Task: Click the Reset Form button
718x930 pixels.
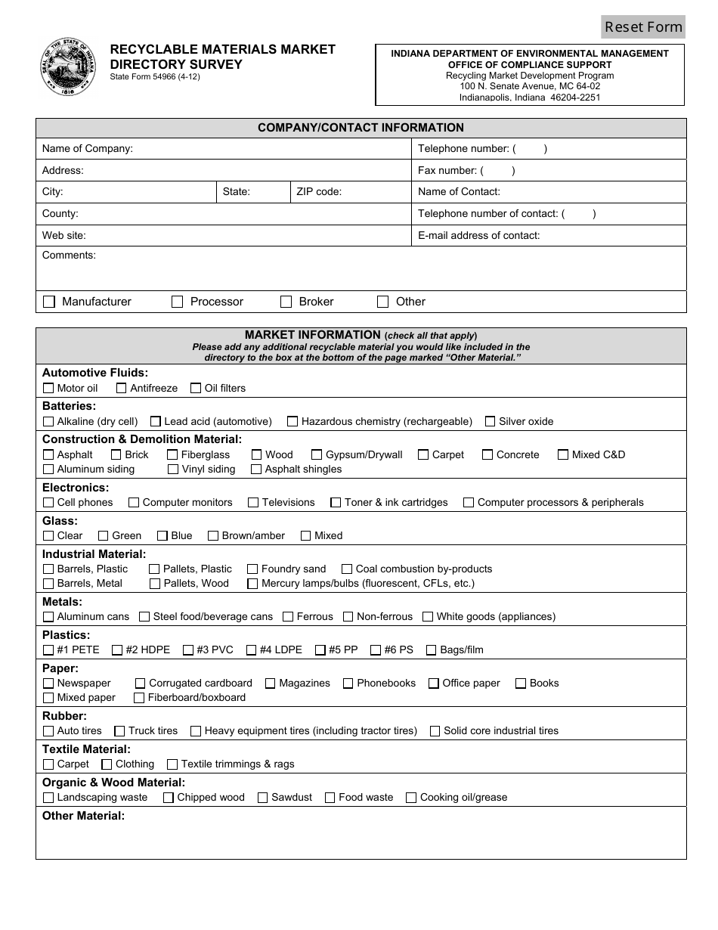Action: pos(643,26)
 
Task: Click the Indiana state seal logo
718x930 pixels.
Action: pos(69,67)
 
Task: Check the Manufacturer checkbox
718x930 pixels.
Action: pos(49,302)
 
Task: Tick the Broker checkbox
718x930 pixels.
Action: pos(286,302)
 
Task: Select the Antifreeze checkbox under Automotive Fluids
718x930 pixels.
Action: pos(121,389)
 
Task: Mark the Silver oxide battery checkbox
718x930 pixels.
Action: pos(490,422)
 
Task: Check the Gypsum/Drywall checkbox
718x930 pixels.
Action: pos(317,455)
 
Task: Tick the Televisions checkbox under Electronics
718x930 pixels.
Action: pos(253,503)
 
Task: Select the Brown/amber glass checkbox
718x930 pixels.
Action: pos(213,536)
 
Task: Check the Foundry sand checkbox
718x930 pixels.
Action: pos(252,569)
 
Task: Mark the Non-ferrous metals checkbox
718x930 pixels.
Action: pos(348,617)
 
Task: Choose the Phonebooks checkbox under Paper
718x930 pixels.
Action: pos(348,684)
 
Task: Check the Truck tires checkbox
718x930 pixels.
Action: pos(119,731)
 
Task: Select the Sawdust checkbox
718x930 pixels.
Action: pos(262,798)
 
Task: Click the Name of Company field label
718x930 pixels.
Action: pos(88,149)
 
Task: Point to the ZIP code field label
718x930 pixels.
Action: pos(319,192)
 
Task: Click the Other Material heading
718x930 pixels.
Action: pos(83,816)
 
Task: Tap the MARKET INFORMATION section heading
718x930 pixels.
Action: pos(313,335)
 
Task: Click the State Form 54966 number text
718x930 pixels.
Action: pos(155,76)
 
